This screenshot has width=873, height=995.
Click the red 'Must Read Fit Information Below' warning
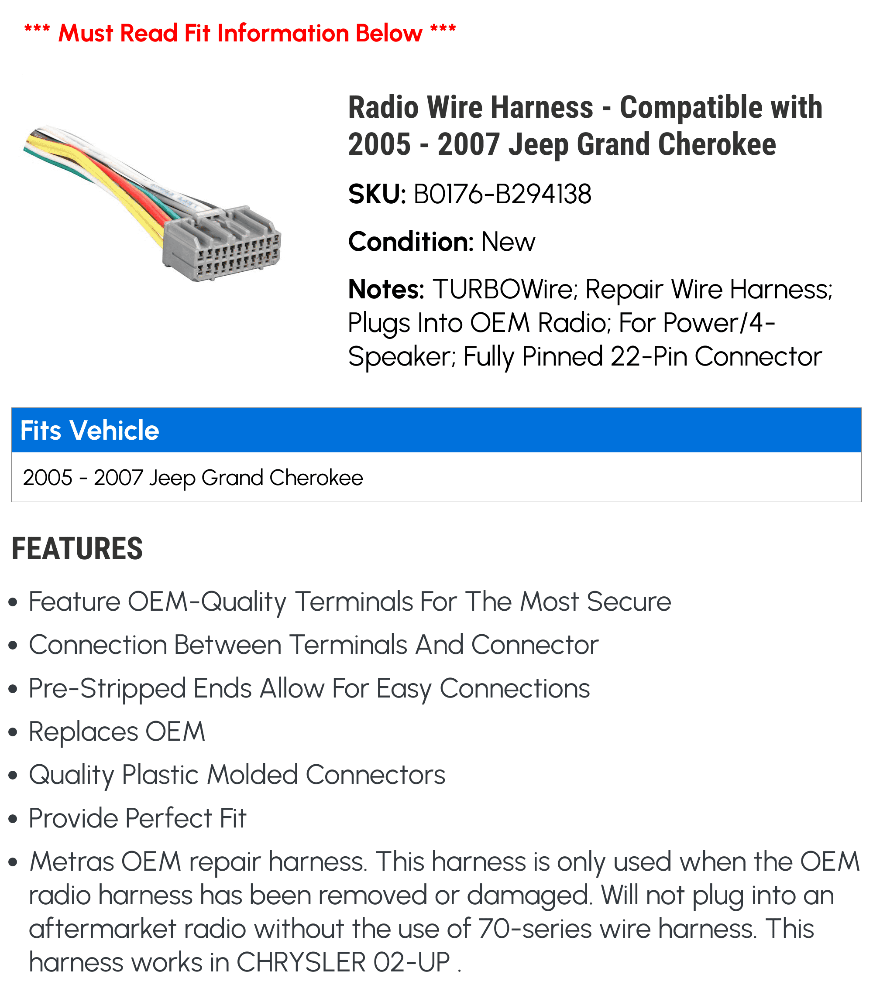(x=240, y=33)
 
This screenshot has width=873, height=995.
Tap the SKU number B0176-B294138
(x=502, y=194)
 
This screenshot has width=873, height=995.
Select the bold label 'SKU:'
(x=377, y=194)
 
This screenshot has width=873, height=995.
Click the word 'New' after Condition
(x=508, y=242)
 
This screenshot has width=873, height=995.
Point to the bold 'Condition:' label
(x=411, y=242)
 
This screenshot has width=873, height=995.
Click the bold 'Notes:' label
(x=386, y=289)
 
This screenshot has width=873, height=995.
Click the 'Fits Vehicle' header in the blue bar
(x=89, y=430)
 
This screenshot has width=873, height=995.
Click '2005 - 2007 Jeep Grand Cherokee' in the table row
(x=193, y=478)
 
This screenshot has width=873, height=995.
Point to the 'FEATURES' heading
(x=77, y=549)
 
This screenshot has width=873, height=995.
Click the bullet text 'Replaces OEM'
(x=117, y=732)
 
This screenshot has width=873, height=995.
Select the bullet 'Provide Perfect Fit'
(x=137, y=818)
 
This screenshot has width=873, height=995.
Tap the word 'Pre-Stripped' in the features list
(x=107, y=689)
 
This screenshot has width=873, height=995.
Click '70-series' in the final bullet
(x=535, y=929)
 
